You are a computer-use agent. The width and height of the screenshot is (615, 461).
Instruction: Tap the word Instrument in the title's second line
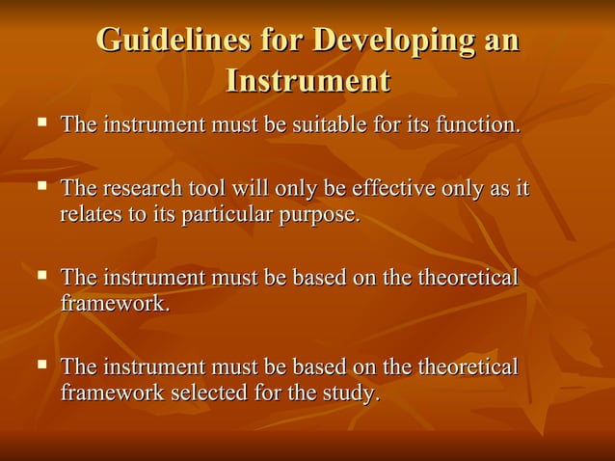[307, 81]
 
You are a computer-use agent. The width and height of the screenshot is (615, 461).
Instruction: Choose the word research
[141, 188]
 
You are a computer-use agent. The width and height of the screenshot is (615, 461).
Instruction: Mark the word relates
[89, 213]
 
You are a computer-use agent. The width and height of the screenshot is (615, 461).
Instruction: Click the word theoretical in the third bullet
[468, 278]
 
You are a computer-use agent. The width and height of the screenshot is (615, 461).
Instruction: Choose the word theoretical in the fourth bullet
[468, 366]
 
